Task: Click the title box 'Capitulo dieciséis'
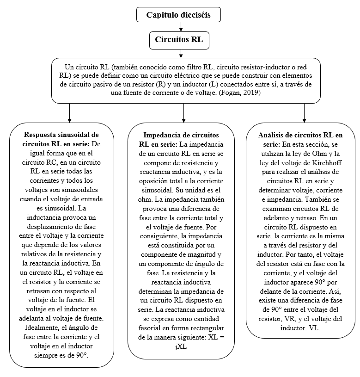178,15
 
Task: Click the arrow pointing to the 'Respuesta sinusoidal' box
69,112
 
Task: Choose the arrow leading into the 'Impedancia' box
184,112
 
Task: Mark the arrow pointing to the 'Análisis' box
304,112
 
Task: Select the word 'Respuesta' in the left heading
41,135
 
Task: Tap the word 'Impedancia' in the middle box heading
165,135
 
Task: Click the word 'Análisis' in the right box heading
273,135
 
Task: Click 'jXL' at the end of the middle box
181,347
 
